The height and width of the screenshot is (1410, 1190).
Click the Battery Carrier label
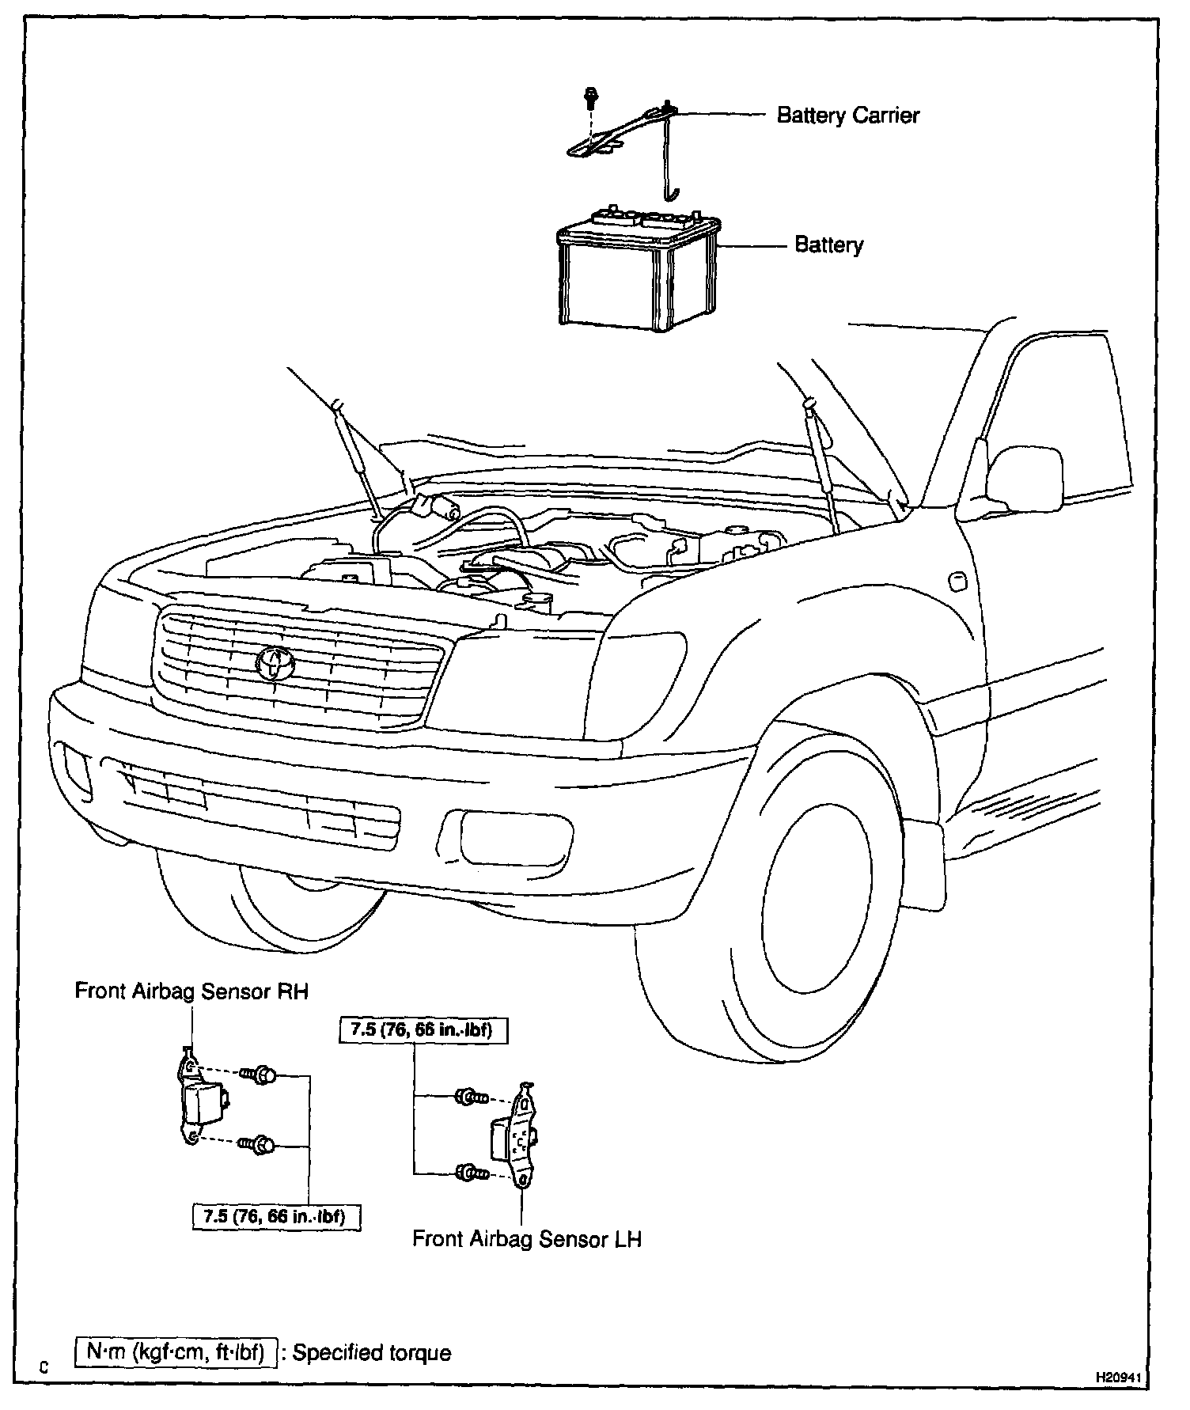click(x=847, y=116)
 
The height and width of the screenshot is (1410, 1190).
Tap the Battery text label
click(x=828, y=245)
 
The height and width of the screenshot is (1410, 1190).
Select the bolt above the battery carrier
click(x=589, y=97)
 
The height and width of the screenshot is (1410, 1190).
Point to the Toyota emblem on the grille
click(x=275, y=661)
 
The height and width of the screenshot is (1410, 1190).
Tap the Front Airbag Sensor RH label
click(x=191, y=991)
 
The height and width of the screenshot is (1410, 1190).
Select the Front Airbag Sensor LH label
click(x=527, y=1238)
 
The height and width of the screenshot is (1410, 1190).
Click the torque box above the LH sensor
click(x=422, y=1030)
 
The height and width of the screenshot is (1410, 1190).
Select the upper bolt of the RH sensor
click(x=261, y=1075)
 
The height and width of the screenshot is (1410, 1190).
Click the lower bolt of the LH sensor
click(x=468, y=1173)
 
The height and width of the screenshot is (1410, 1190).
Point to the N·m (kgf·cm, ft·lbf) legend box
click(x=176, y=1351)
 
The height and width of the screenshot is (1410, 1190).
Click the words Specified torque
click(x=372, y=1352)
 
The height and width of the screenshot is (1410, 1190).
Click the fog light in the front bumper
click(x=506, y=836)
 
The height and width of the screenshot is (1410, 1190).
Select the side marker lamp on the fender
click(x=957, y=582)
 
